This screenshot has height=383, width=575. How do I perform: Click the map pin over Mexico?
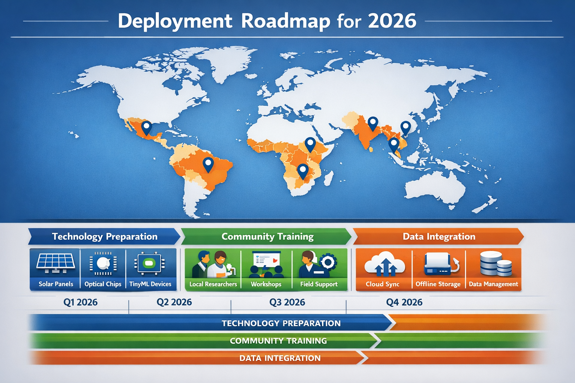(x=146, y=128)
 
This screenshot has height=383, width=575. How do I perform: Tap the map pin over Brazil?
(x=208, y=164)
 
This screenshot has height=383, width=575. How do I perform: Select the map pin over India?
(x=372, y=123)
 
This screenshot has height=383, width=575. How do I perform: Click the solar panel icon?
(x=55, y=263)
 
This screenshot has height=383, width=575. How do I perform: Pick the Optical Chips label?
(x=103, y=284)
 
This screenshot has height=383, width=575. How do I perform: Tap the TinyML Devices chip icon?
(x=150, y=263)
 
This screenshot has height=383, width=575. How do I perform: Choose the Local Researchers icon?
(x=213, y=264)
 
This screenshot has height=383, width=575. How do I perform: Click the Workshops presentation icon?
(x=266, y=263)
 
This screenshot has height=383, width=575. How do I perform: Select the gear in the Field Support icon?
(x=328, y=262)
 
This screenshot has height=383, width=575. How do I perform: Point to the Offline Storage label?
(x=438, y=284)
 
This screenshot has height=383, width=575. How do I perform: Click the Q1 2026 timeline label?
(x=80, y=302)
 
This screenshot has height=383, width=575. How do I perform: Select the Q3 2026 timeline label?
(x=287, y=302)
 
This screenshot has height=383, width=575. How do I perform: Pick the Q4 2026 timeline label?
(x=404, y=302)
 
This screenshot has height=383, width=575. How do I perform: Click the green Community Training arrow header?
(x=267, y=236)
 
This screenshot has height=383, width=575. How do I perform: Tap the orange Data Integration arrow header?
(x=439, y=236)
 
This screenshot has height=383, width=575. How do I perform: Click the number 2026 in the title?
(x=392, y=21)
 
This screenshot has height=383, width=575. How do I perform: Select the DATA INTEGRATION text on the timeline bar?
(x=280, y=358)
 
